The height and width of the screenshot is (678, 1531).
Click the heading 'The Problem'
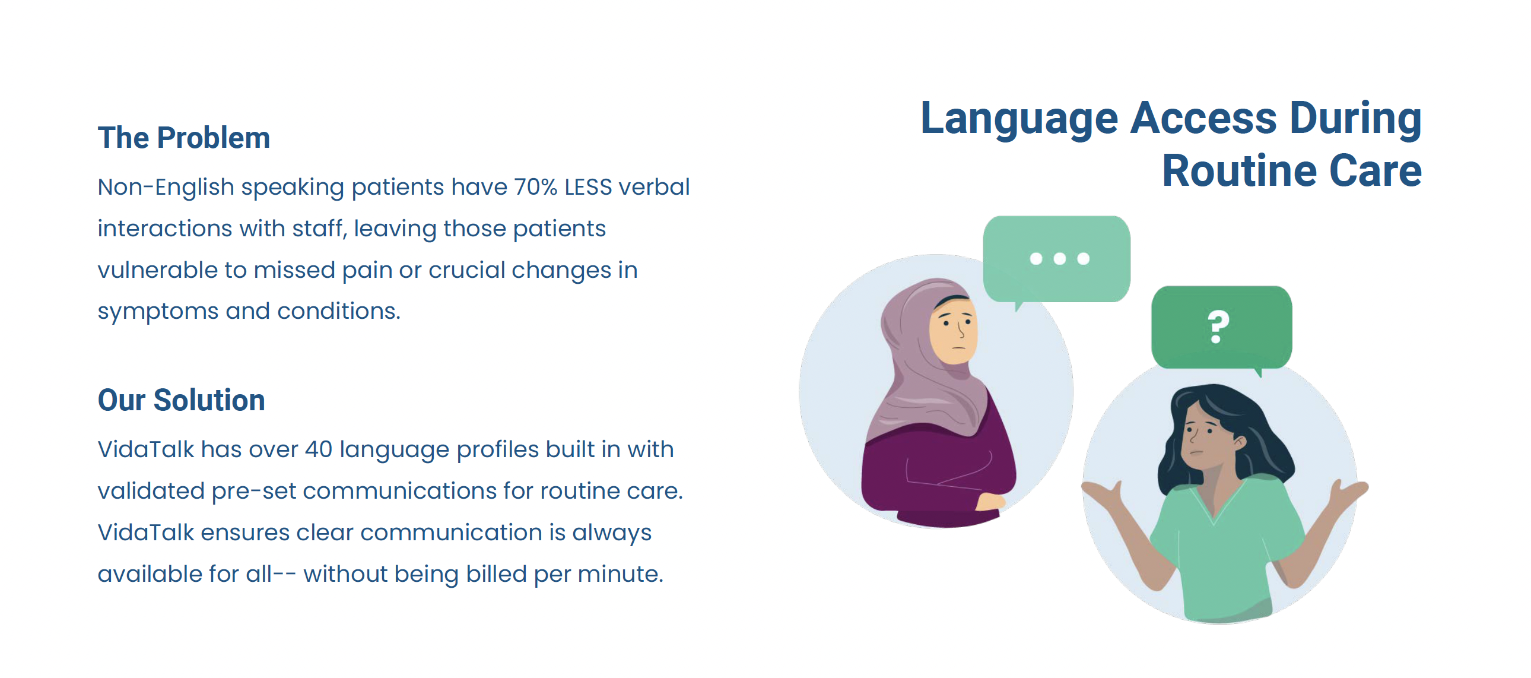click(183, 138)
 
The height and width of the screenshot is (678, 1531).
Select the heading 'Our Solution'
click(181, 400)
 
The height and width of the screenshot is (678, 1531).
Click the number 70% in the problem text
click(535, 187)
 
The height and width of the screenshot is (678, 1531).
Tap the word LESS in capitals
click(588, 188)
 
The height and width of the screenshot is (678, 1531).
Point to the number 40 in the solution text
click(318, 449)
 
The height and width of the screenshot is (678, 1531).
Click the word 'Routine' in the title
click(1240, 171)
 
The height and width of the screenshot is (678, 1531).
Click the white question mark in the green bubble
click(1218, 327)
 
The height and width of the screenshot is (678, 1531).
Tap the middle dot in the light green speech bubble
click(1059, 259)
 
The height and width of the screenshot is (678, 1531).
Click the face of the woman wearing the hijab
click(952, 331)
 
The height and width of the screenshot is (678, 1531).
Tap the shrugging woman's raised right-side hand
click(1346, 491)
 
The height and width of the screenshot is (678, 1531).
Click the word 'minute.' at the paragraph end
click(621, 574)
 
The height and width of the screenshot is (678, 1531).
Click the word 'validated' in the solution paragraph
click(151, 490)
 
